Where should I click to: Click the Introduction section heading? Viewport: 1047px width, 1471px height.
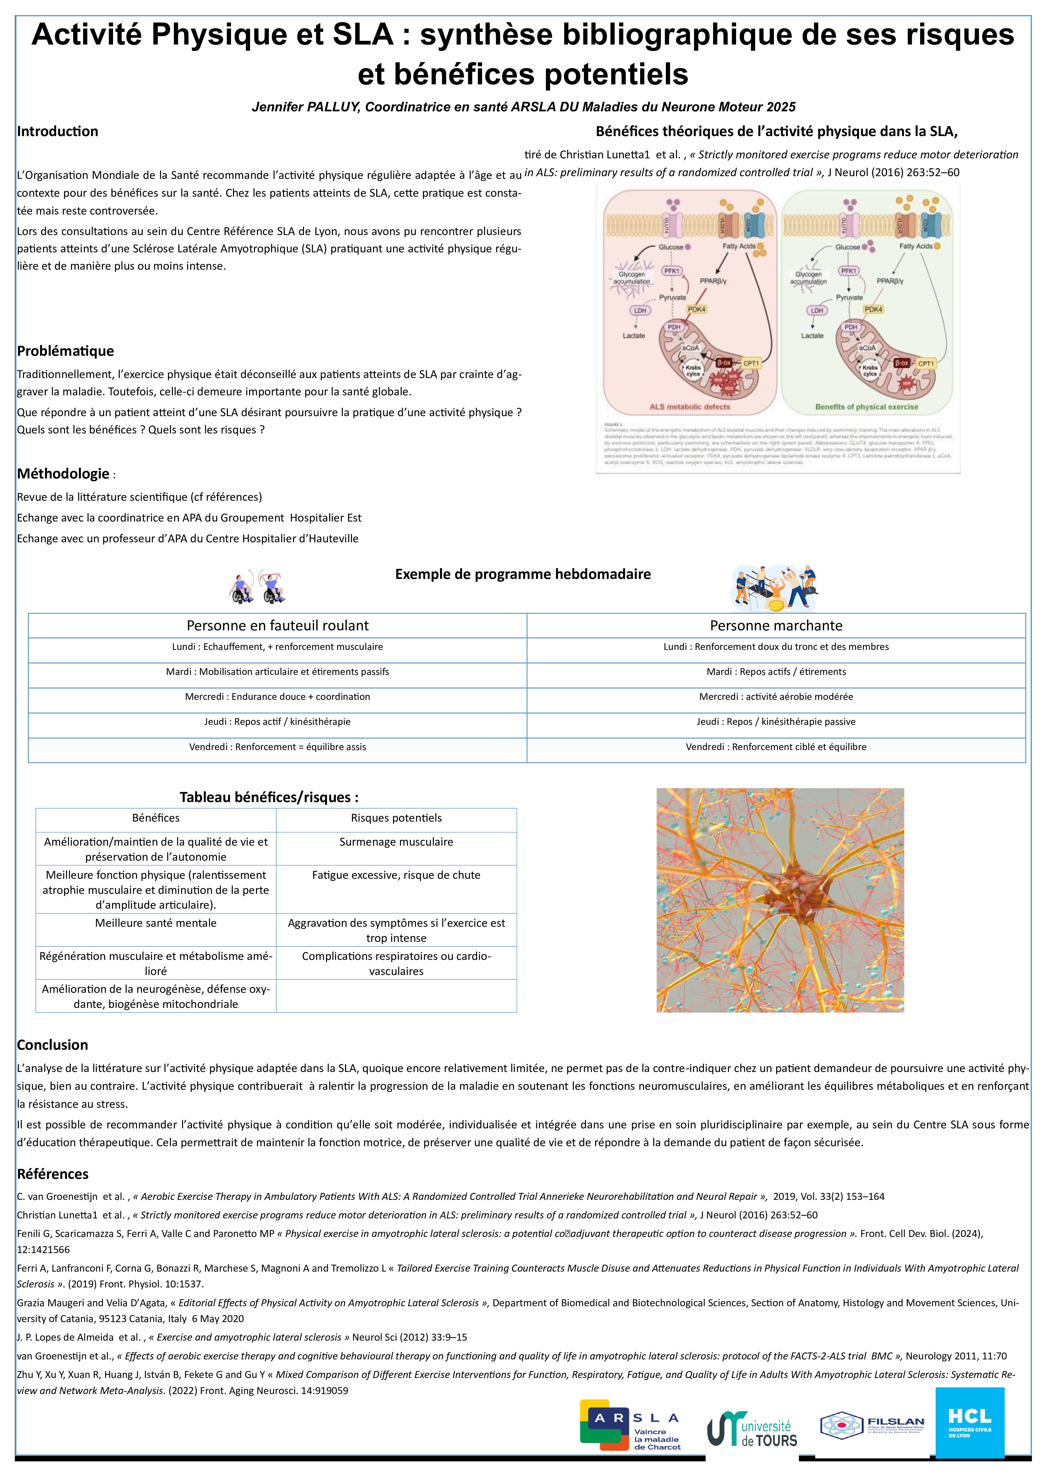(57, 132)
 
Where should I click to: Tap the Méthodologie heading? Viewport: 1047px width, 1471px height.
(63, 474)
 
